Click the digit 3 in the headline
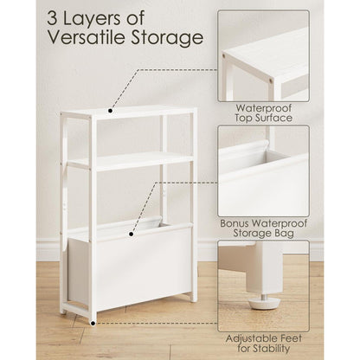click(53, 19)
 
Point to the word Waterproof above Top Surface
click(264, 108)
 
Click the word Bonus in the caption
click(235, 223)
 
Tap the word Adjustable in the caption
click(248, 338)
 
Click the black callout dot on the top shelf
click(110, 111)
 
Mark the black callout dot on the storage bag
click(132, 234)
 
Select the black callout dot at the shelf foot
click(93, 324)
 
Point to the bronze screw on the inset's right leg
click(271, 81)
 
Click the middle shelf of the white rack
click(130, 161)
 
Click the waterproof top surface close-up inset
click(264, 56)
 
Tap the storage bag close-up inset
click(264, 170)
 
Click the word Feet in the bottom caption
click(288, 338)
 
